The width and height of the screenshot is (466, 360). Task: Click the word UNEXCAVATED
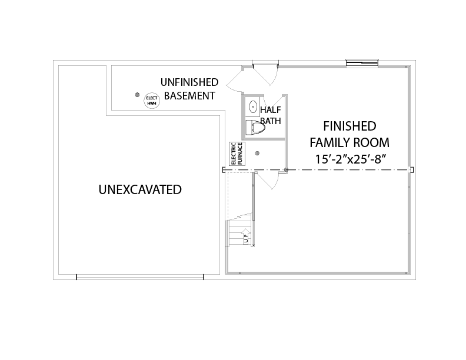coord(140,189)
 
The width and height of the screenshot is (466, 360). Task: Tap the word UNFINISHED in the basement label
coord(189,82)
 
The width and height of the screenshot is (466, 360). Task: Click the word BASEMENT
coord(189,96)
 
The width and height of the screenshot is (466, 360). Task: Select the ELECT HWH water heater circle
coord(152,101)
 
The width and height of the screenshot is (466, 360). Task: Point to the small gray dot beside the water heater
coord(137,95)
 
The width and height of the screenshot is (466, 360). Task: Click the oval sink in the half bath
coord(253,106)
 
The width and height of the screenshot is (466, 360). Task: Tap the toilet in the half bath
coord(256,128)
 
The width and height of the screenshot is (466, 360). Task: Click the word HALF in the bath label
coord(271,110)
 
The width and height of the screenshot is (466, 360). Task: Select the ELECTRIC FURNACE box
coord(237,154)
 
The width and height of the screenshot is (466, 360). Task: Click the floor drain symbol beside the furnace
coord(257,154)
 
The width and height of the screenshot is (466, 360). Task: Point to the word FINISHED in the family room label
coord(349,126)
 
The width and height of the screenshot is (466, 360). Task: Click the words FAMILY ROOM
coord(349,142)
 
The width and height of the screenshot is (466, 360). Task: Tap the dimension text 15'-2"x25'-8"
coord(350,159)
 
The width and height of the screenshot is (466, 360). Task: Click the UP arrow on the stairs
coord(246,236)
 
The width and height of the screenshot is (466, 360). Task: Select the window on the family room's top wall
coord(362,64)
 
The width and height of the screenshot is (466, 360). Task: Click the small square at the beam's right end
coord(412,170)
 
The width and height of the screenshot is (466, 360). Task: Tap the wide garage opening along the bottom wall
coord(140,277)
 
